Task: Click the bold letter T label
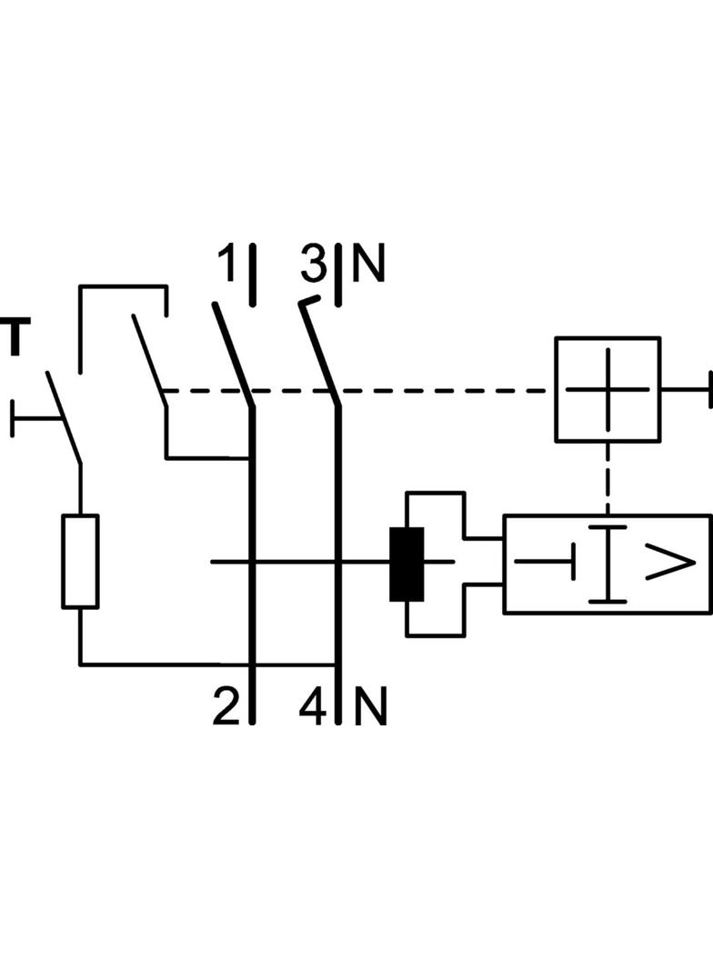click(14, 337)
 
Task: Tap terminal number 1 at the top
click(226, 265)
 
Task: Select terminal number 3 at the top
click(313, 265)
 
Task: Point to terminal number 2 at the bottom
click(226, 706)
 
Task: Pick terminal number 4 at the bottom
click(313, 706)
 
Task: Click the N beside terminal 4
click(370, 706)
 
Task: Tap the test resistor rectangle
click(80, 561)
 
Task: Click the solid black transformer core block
click(407, 564)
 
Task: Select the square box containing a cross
click(608, 389)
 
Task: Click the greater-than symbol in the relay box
click(670, 564)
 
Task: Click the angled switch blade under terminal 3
click(318, 351)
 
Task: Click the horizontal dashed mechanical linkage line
click(437, 391)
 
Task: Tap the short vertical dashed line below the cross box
click(608, 477)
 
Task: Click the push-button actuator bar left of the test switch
click(32, 419)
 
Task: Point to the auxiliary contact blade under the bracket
click(147, 354)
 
